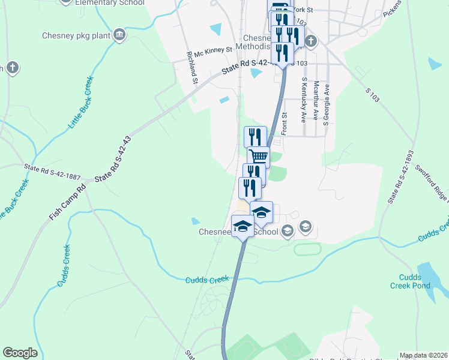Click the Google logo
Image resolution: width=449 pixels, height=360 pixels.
pyautogui.click(x=20, y=353)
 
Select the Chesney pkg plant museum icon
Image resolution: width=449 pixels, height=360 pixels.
pyautogui.click(x=119, y=35)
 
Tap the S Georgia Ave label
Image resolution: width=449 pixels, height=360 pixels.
pyautogui.click(x=327, y=102)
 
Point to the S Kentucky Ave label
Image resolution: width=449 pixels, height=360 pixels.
pyautogui.click(x=304, y=99)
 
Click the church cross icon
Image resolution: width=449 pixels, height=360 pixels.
pyautogui.click(x=310, y=41)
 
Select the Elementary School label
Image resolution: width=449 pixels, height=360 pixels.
pyautogui.click(x=110, y=3)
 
